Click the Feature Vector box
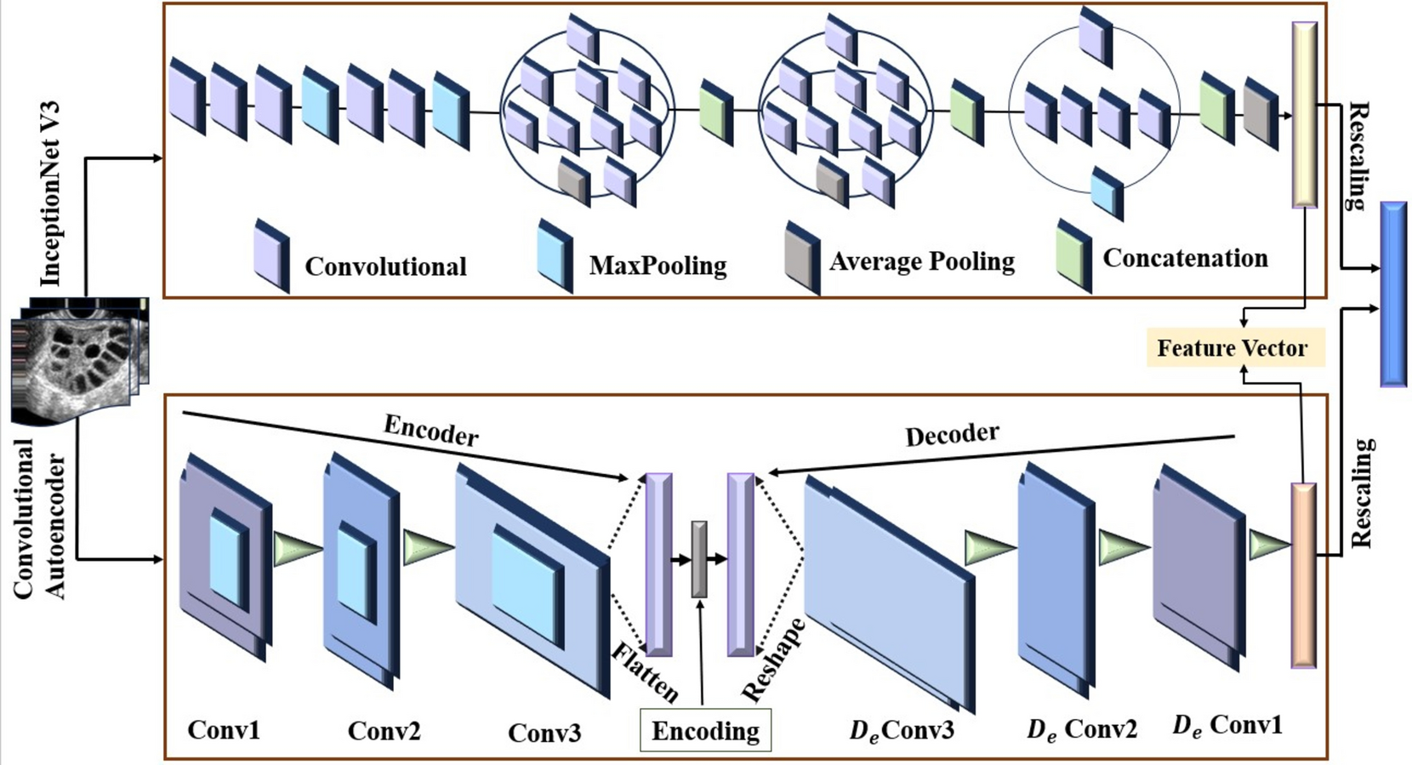(1234, 348)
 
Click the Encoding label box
(705, 731)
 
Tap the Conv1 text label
(224, 730)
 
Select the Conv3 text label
(544, 733)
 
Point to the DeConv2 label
(1082, 729)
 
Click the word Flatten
(645, 672)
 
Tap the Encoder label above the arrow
(431, 431)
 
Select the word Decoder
(952, 435)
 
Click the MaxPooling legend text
(658, 265)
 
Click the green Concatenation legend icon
(1073, 255)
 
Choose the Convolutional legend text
(385, 266)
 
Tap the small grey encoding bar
(699, 559)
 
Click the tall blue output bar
(1392, 294)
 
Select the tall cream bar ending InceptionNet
(1304, 115)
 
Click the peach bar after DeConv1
(1303, 574)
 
